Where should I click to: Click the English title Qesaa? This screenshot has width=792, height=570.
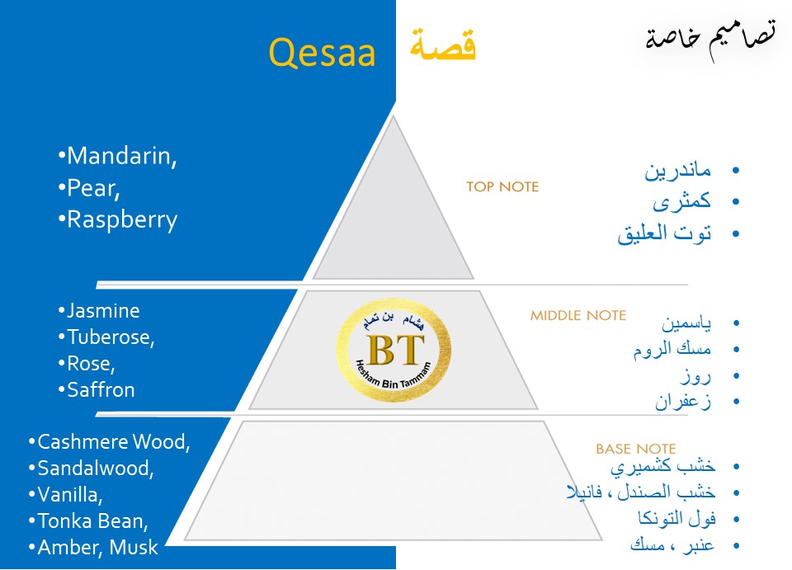tap(322, 54)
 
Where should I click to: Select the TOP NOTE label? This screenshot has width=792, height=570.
tap(502, 187)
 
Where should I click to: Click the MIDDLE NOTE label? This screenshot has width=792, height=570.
tap(577, 315)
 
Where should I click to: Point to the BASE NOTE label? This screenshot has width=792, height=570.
tap(635, 449)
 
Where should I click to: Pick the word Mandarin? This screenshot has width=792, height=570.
tap(121, 156)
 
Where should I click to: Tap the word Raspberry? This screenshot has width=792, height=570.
tap(121, 220)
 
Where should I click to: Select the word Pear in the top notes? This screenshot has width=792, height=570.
tap(93, 188)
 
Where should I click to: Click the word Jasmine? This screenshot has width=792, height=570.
tap(103, 311)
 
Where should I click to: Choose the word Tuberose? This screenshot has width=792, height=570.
tap(111, 337)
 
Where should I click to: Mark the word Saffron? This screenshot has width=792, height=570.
tap(101, 389)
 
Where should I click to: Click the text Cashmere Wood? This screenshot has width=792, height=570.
tap(113, 442)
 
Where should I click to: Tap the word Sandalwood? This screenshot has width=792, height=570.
tap(96, 469)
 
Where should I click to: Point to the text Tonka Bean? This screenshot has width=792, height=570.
tap(92, 521)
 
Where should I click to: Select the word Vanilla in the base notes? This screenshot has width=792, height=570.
tap(70, 495)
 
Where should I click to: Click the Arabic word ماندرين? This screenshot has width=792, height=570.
tap(677, 172)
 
